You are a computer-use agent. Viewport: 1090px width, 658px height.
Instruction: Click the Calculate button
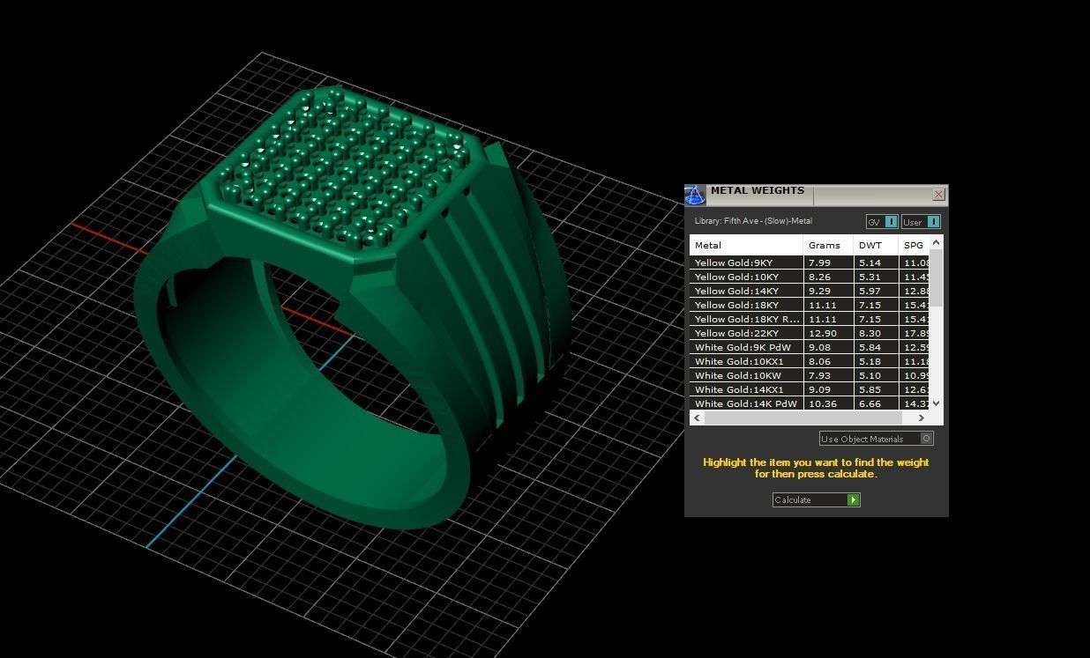[816, 500]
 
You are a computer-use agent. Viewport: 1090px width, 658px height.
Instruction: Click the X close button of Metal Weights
[938, 195]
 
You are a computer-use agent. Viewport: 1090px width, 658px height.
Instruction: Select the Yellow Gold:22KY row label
[737, 334]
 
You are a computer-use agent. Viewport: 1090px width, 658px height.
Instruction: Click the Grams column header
[825, 246]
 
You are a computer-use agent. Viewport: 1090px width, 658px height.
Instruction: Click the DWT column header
[870, 246]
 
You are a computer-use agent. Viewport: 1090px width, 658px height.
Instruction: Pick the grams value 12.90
[820, 334]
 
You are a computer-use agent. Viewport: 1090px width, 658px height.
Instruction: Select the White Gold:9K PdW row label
[743, 348]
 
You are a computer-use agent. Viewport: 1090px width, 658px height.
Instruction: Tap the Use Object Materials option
[875, 439]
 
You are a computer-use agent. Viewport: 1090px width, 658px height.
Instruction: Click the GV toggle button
[882, 222]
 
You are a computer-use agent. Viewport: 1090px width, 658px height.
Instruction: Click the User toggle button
[921, 222]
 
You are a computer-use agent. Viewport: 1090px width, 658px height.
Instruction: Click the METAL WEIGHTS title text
[757, 191]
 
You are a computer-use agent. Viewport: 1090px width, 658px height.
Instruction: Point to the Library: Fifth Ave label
[753, 221]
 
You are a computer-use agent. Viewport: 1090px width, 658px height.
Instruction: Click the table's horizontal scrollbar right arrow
[922, 418]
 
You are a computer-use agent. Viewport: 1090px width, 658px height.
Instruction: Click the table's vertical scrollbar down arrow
[937, 403]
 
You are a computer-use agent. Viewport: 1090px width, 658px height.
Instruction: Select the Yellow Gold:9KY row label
[734, 263]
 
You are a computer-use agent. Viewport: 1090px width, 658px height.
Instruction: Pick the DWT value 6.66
[870, 404]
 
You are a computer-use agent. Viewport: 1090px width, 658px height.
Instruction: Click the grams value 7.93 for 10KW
[820, 376]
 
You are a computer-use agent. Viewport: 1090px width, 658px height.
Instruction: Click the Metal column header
[708, 246]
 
